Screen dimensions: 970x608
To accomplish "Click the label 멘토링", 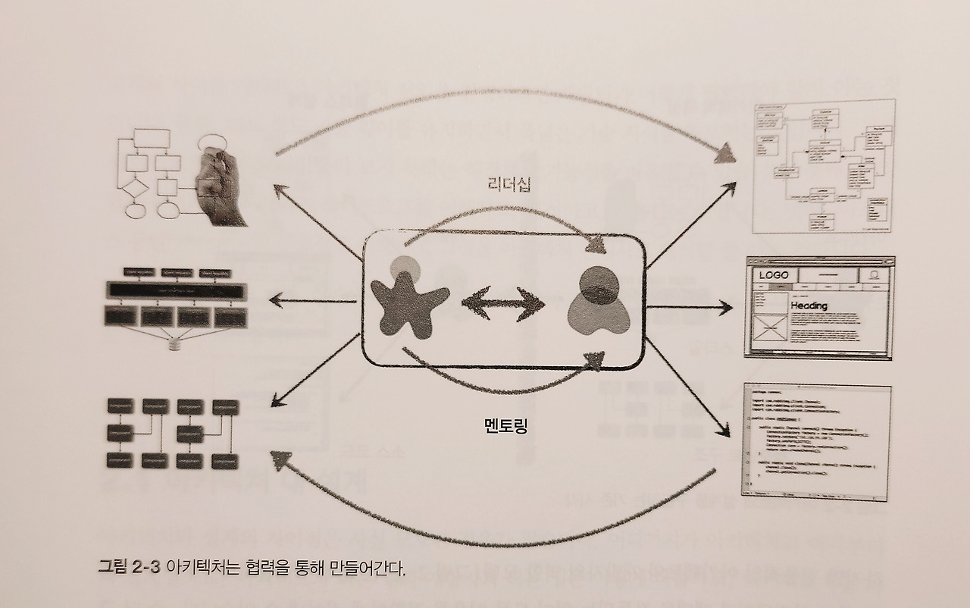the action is click(x=505, y=425).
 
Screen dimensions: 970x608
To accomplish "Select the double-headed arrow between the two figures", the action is click(x=503, y=304).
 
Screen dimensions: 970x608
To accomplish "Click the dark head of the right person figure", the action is click(x=596, y=284).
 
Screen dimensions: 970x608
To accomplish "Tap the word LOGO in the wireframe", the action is click(x=774, y=275).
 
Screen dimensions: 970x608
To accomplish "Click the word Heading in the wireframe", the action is click(x=809, y=306).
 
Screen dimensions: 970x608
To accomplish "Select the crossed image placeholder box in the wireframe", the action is click(x=768, y=331).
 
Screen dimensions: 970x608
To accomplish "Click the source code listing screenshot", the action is click(x=817, y=442).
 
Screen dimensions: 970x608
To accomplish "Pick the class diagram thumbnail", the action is click(x=824, y=166).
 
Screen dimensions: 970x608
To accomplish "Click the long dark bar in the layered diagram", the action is click(x=177, y=290).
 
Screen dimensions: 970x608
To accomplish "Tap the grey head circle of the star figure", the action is click(x=405, y=267).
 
